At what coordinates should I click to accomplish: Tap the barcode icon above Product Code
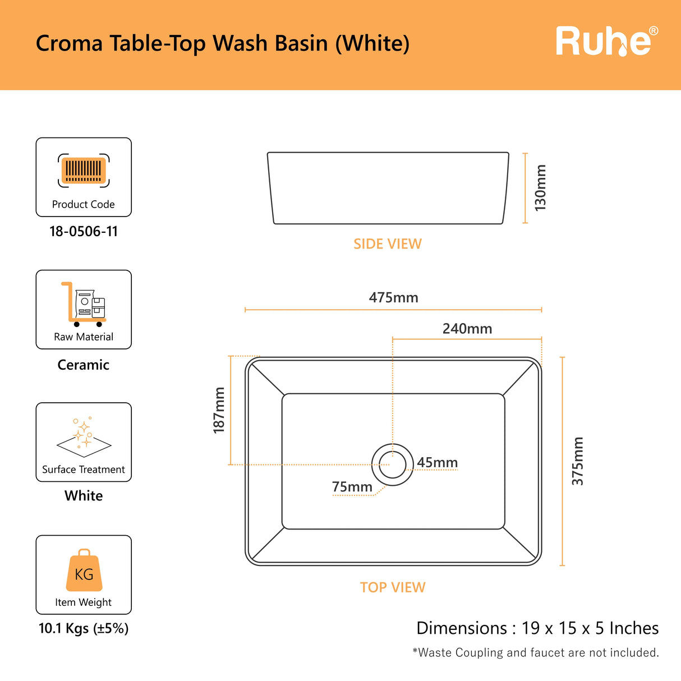[84, 170]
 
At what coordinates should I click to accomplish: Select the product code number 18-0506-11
[84, 231]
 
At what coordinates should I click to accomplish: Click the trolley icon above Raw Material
[84, 304]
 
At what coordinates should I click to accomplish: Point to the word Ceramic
[84, 365]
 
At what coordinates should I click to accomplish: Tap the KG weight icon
[84, 570]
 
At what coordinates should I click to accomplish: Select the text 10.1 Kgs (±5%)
[84, 628]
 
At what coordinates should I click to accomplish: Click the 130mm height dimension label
[540, 188]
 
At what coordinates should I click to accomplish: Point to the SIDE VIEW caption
[388, 244]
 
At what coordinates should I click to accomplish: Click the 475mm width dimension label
[393, 298]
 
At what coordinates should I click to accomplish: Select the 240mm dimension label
[467, 329]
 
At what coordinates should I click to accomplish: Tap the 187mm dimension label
[219, 409]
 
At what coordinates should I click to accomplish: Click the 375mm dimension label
[577, 461]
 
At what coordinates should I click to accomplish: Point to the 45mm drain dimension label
[437, 463]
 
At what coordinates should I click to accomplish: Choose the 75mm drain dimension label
[352, 487]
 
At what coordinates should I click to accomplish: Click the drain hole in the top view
[393, 464]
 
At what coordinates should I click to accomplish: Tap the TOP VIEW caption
[393, 587]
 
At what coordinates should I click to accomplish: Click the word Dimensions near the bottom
[462, 628]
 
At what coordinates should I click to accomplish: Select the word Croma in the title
[69, 43]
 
